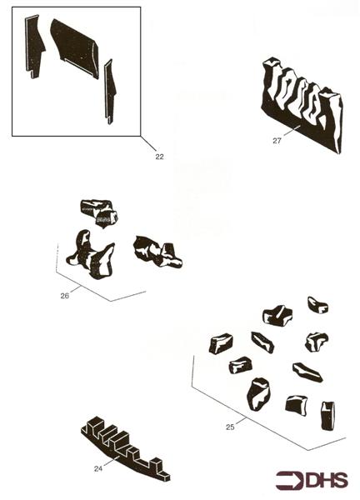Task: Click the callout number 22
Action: coord(159,154)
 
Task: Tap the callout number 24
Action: coord(98,468)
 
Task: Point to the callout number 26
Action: coord(64,293)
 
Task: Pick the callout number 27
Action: coord(277,141)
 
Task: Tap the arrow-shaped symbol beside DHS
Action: coord(289,481)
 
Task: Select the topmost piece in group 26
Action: coord(98,212)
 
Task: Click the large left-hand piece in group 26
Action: coord(89,254)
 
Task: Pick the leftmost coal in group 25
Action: coord(220,343)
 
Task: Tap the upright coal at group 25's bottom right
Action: coord(327,413)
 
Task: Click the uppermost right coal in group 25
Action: coord(317,304)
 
